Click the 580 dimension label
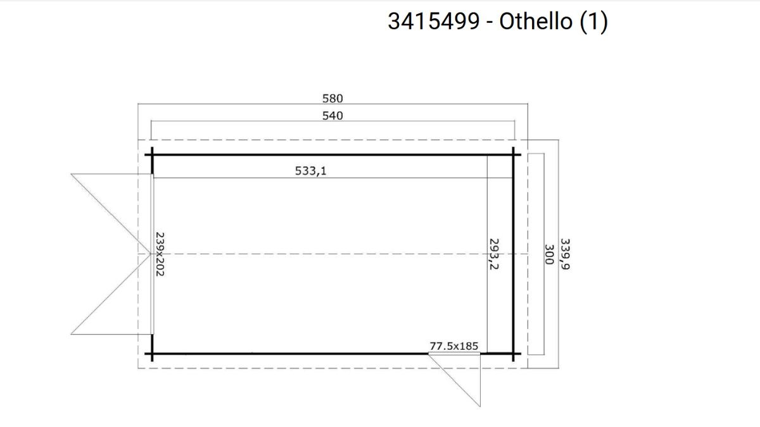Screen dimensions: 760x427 (x=332, y=99)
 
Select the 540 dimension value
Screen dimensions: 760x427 (x=332, y=116)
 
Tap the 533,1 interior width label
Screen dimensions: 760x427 (x=310, y=171)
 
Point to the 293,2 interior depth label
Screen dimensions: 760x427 (x=494, y=254)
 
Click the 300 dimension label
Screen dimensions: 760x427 (x=549, y=254)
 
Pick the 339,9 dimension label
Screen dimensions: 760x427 (x=565, y=254)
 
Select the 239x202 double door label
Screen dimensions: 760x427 (x=160, y=254)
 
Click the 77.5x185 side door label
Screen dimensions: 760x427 (x=454, y=346)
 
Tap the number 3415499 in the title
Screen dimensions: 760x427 (x=434, y=21)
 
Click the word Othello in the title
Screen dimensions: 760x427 (x=536, y=21)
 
